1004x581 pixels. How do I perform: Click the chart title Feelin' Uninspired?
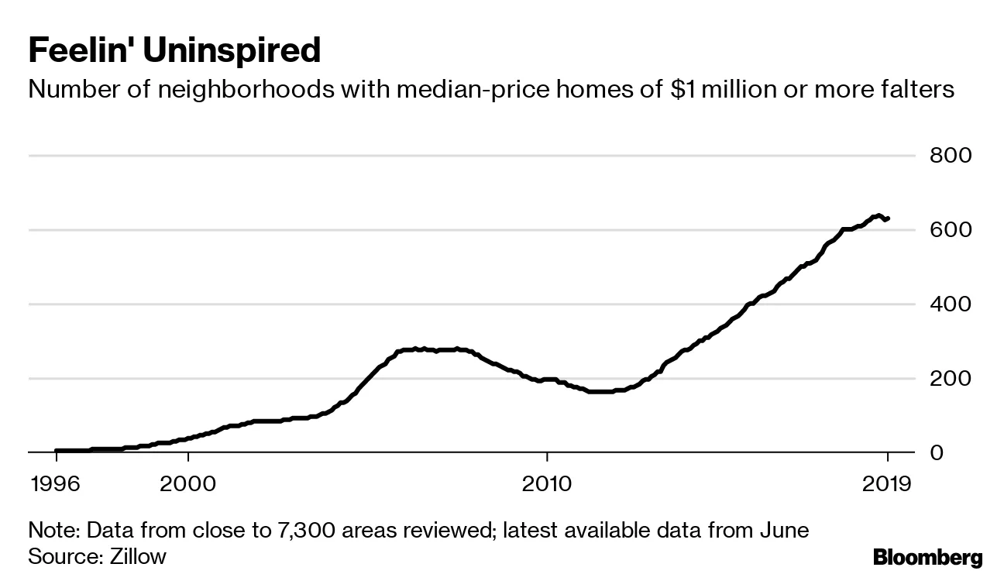(174, 51)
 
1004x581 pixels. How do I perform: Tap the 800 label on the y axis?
(951, 156)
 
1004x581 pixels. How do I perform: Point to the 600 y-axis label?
(951, 230)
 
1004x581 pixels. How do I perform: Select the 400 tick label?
(951, 304)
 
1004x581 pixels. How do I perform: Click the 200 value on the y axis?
(951, 378)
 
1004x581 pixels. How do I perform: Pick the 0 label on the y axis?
(937, 452)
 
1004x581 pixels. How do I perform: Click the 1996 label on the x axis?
(57, 484)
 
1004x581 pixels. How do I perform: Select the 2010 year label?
(547, 484)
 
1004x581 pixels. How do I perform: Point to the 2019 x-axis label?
(887, 484)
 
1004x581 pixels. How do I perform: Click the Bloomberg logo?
(927, 557)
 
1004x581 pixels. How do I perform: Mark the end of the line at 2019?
(888, 218)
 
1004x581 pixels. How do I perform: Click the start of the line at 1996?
(57, 451)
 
